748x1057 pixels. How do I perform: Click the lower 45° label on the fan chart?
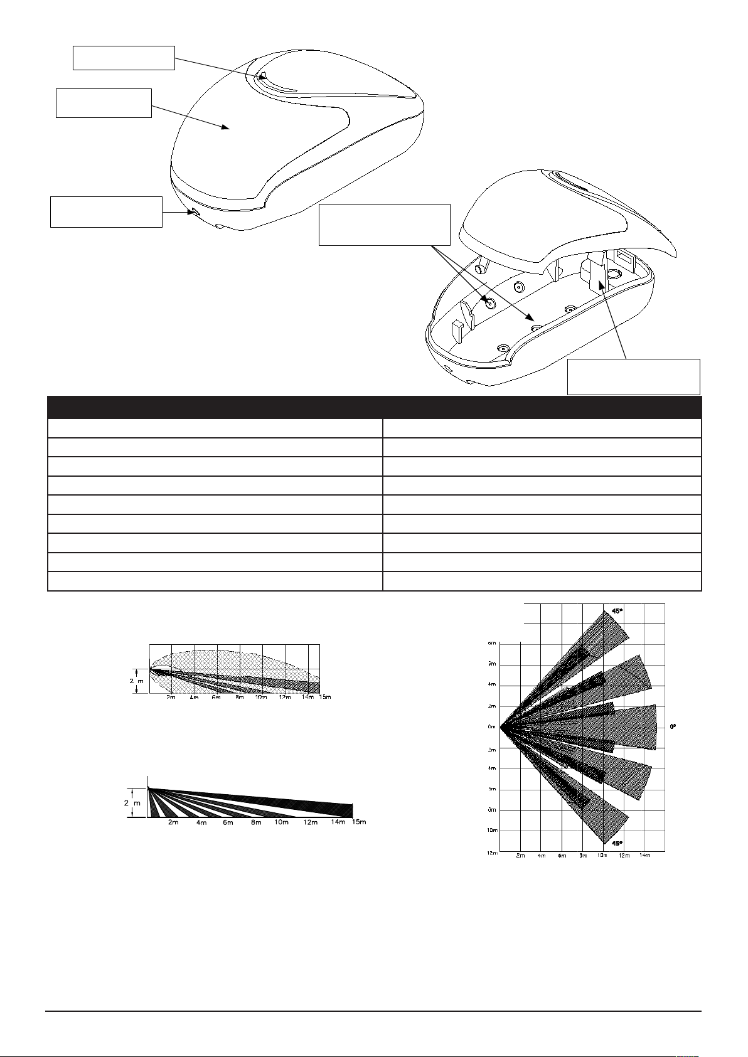click(x=617, y=844)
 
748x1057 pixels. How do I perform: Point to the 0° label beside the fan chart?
click(x=673, y=726)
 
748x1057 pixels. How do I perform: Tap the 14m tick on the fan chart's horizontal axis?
click(x=644, y=855)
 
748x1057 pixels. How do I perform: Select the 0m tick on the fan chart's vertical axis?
click(x=492, y=728)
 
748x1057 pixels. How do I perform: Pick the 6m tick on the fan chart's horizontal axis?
click(x=562, y=855)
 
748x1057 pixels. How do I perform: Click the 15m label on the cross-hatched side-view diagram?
click(x=324, y=697)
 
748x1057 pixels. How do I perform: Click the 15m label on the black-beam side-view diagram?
click(x=358, y=822)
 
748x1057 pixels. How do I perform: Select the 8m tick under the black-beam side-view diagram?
click(x=256, y=822)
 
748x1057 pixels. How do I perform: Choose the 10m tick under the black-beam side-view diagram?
click(x=282, y=822)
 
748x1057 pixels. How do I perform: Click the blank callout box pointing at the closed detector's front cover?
click(x=104, y=103)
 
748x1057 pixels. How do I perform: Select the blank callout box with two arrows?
click(x=385, y=224)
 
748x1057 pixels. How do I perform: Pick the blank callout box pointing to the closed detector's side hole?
click(x=106, y=212)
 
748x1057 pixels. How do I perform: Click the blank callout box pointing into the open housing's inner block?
click(x=633, y=377)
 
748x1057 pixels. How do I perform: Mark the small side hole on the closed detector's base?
click(x=195, y=213)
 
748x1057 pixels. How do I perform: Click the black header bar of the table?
click(x=374, y=407)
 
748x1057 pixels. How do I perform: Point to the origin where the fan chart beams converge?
click(x=501, y=728)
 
